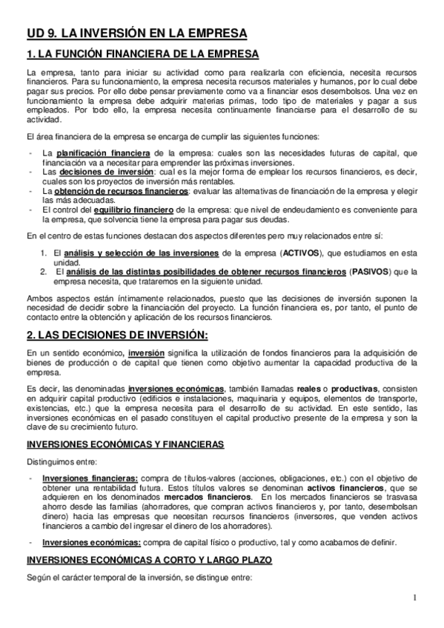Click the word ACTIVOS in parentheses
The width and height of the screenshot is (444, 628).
click(x=302, y=253)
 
